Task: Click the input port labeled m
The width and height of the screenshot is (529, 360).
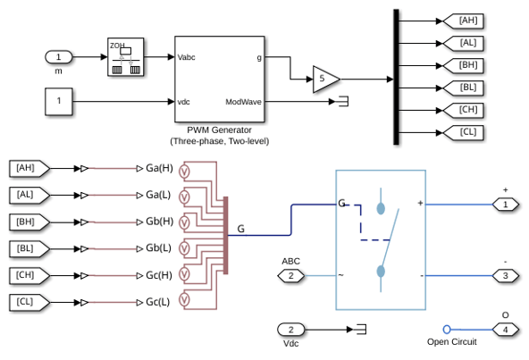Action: coord(59,57)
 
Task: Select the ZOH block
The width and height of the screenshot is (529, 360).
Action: coord(125,56)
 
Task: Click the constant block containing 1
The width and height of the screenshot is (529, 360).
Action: coord(59,102)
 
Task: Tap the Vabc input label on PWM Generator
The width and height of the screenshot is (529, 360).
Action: coord(186,57)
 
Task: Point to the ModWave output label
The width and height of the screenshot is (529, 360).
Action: coord(243,102)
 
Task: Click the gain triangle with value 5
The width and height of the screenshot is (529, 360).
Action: coord(326,80)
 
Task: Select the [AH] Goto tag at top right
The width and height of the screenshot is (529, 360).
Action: coord(464,21)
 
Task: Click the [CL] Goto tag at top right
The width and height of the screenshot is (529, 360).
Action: coord(464,132)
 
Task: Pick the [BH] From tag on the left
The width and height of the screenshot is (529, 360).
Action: coord(29,222)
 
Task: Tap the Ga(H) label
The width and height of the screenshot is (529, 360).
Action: coord(159,168)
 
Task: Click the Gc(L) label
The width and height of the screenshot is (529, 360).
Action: coord(158,302)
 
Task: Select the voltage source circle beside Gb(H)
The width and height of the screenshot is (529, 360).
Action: coord(184,222)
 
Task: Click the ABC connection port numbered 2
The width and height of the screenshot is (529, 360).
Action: coord(290,276)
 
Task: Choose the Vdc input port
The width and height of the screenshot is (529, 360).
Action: coord(290,330)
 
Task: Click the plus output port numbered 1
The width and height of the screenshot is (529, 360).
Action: coord(506,205)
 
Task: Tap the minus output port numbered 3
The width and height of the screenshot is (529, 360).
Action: coord(506,276)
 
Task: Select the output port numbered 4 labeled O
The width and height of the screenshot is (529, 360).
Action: coord(506,330)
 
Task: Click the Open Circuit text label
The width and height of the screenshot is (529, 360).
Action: coord(452,342)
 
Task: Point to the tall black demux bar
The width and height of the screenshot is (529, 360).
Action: coord(396,77)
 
